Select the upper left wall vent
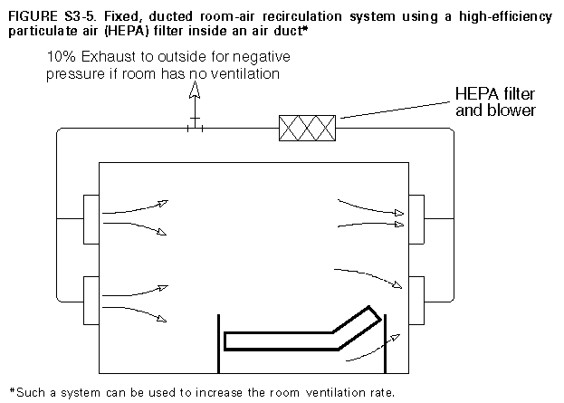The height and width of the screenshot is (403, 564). (91, 218)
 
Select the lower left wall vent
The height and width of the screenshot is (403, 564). (91, 301)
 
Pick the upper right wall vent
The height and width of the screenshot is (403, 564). (416, 218)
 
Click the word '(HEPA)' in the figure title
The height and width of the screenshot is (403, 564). (116, 31)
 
